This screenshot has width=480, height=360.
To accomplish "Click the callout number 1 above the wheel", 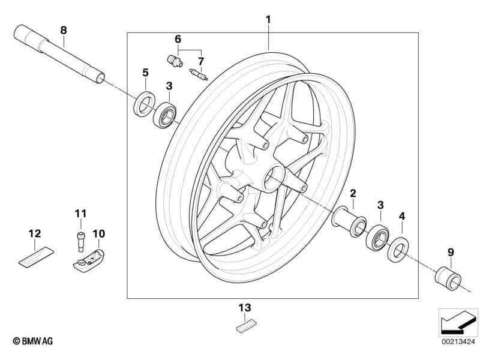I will (x=268, y=20).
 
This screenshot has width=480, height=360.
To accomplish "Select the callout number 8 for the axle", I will (x=64, y=29).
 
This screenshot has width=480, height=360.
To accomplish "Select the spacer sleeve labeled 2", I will (x=349, y=220).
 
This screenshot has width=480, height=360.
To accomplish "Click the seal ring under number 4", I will (x=397, y=248).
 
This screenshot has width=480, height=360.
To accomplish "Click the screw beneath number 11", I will (x=80, y=240).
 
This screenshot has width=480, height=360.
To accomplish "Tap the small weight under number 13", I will (x=244, y=326).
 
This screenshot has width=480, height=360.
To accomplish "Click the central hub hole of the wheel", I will (x=275, y=176).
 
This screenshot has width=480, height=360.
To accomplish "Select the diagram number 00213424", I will (x=458, y=341).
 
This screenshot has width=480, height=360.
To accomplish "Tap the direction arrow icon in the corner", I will (x=458, y=322).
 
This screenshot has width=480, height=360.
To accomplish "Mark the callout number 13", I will (x=244, y=308).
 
